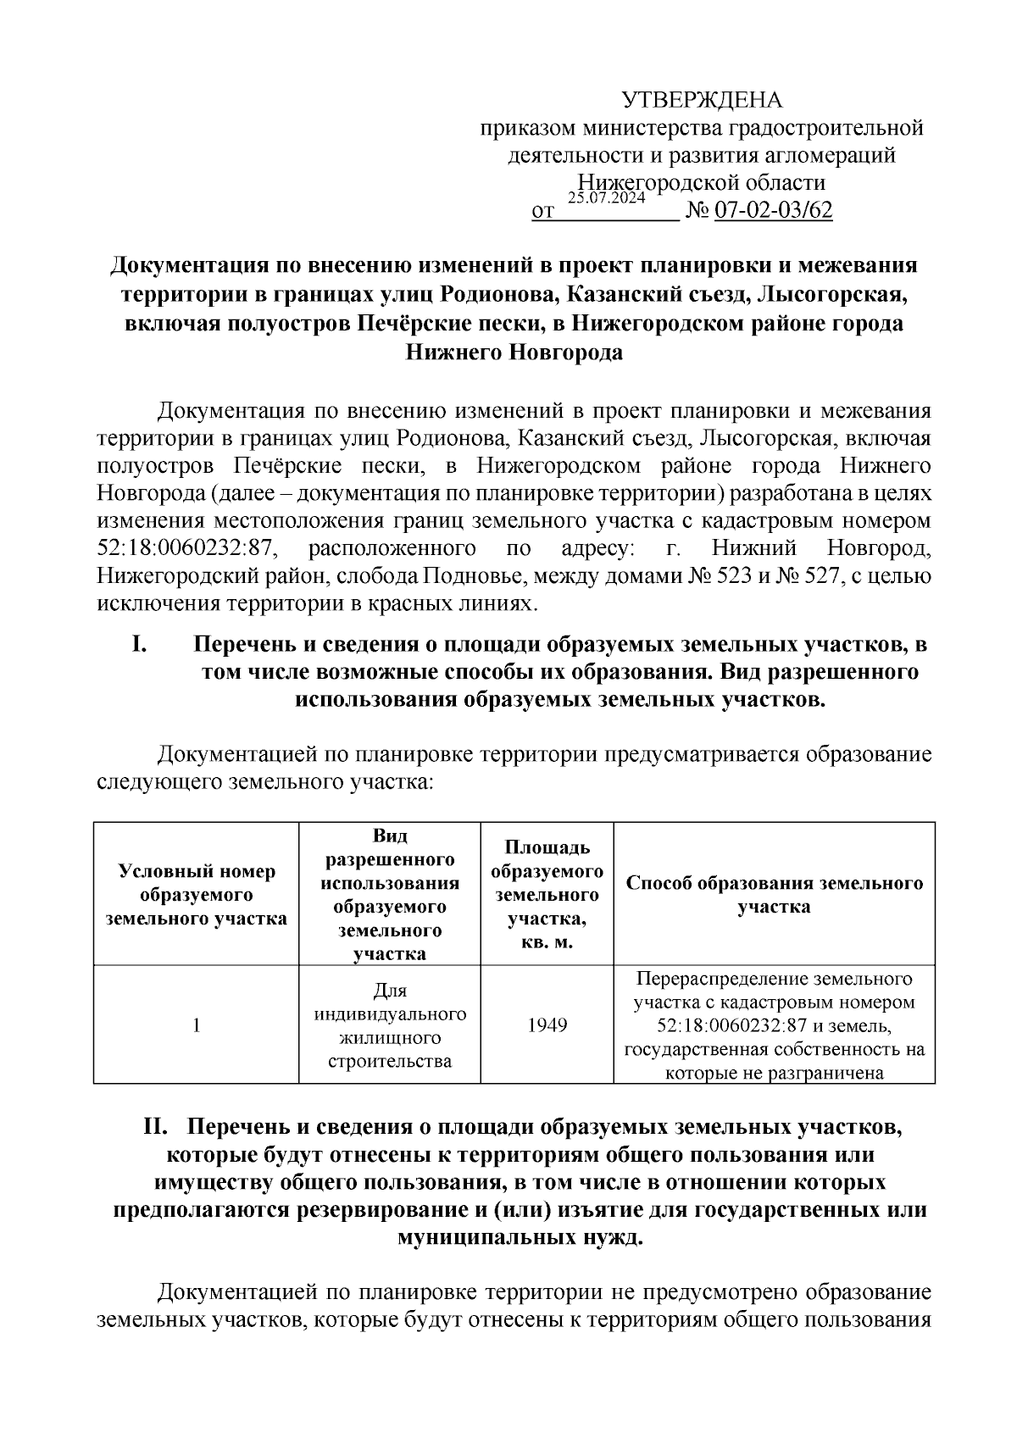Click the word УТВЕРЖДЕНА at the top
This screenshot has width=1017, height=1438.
[703, 100]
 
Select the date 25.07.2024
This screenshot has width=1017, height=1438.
[607, 198]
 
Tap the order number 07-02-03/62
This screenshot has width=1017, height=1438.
[774, 210]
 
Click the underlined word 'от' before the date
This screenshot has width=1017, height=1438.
[542, 211]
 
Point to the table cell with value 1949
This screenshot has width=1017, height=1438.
[547, 1025]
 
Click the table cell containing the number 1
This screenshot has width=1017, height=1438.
[197, 1025]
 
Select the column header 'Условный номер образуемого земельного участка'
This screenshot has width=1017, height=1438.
[197, 895]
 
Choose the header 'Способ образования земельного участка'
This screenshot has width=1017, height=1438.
[774, 895]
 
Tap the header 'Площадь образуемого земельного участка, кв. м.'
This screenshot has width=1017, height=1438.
[547, 895]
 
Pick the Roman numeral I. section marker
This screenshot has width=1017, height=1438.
[140, 645]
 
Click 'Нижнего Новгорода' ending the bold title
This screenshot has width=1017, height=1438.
[514, 353]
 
